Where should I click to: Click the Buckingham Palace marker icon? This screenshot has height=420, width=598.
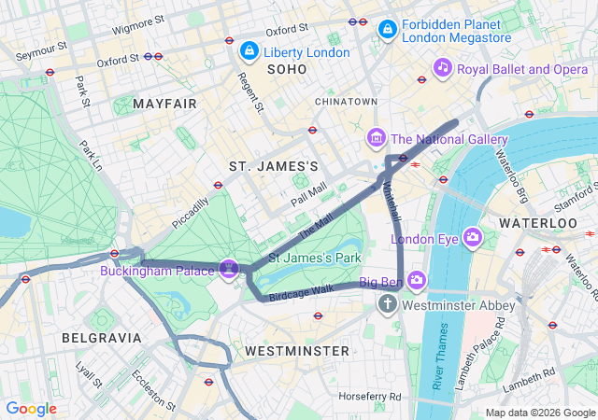230,269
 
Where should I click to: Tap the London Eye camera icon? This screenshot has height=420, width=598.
473,238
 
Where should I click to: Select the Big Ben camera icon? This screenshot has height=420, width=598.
416,281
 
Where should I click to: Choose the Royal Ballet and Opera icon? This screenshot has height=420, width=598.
443,68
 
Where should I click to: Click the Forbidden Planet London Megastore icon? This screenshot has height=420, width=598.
386,31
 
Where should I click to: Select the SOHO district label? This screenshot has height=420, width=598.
286,70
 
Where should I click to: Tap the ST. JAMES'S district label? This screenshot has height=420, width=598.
274,166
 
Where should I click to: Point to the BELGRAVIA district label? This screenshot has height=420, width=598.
101,337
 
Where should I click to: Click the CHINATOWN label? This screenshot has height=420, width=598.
346,101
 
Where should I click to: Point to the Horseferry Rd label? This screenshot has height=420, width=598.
370,397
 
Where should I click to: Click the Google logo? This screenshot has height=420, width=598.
32,409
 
